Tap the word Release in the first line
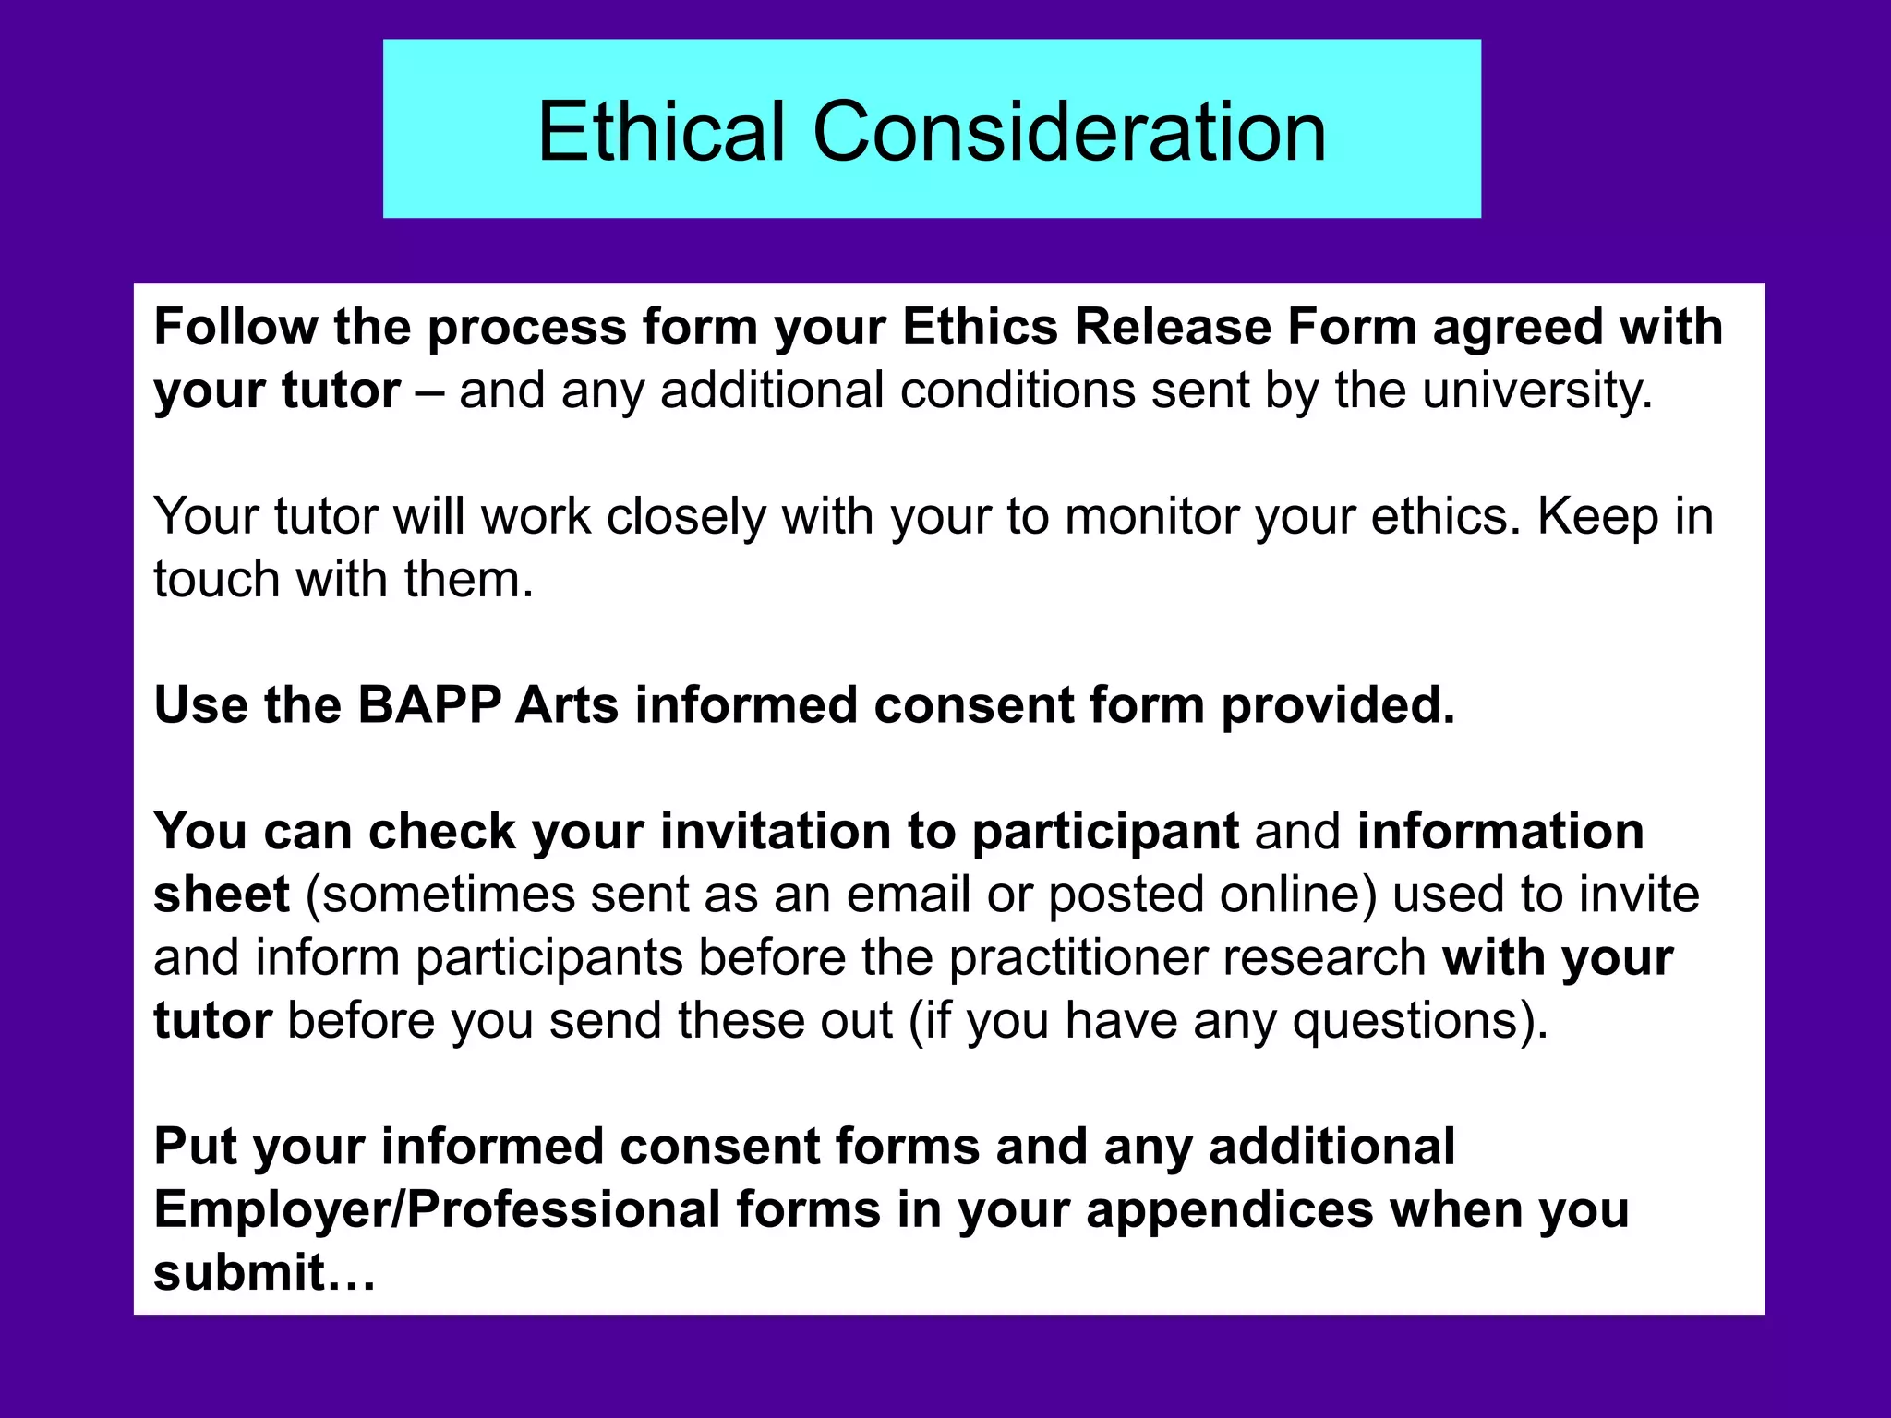click(1173, 327)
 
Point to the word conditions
click(1017, 391)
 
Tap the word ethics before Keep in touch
click(1445, 516)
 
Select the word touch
click(217, 580)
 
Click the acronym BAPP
click(428, 705)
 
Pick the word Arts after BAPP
click(566, 705)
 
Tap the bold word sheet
click(222, 895)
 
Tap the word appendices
click(1229, 1209)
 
